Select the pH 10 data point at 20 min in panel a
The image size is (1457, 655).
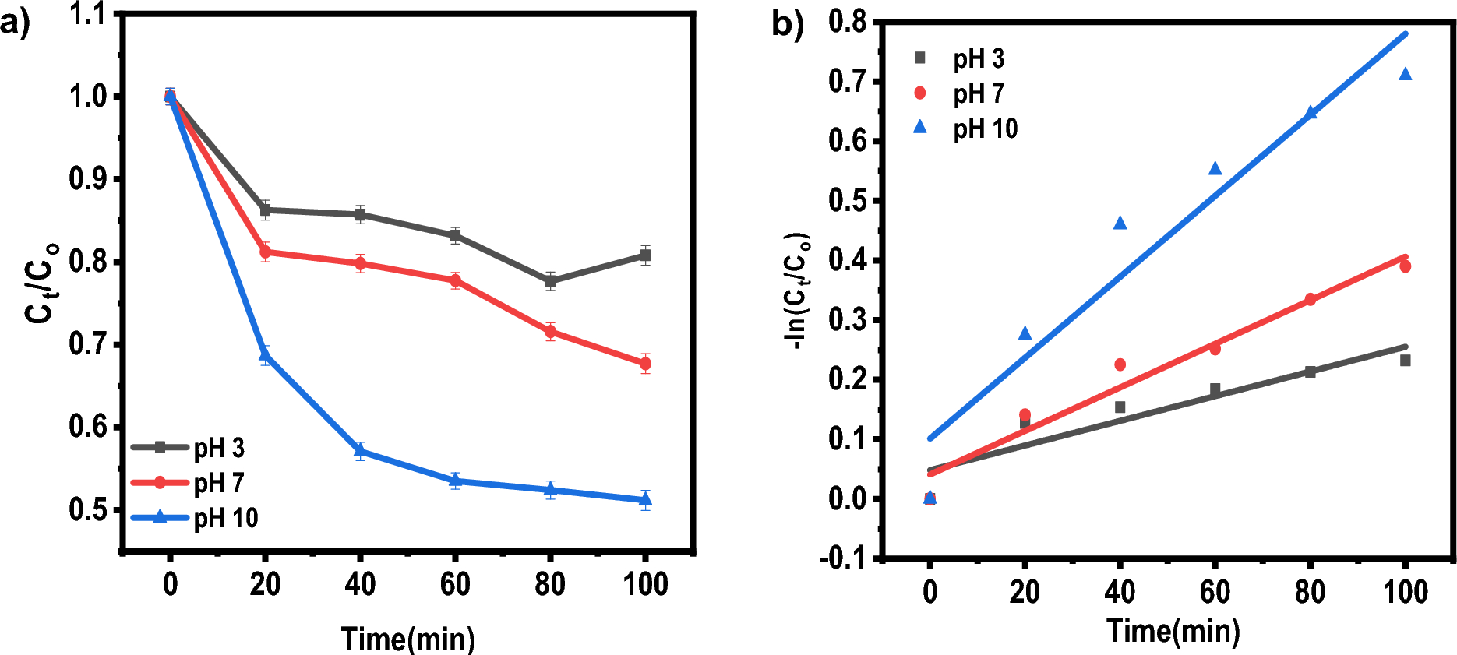265,356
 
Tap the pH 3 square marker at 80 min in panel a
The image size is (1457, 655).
550,281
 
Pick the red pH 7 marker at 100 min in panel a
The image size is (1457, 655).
645,364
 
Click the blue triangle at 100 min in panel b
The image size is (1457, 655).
1406,74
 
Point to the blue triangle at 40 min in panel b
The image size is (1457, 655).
1120,224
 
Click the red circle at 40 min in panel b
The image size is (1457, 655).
1120,364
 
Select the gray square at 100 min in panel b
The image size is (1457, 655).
1406,361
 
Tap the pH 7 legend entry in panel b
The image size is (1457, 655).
978,94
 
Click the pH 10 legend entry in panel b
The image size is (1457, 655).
985,129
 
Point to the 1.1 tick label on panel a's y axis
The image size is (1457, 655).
87,14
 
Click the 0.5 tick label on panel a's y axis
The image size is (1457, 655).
87,509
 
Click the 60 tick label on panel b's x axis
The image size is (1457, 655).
1215,593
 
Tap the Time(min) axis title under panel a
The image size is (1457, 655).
408,639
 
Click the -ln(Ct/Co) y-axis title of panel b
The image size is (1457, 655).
797,291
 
